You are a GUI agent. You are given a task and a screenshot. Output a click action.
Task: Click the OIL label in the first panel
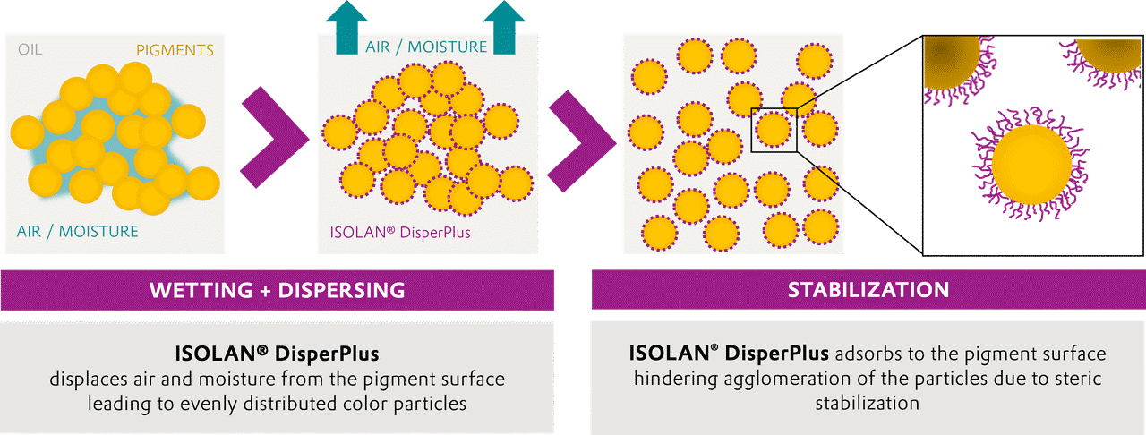click(30, 49)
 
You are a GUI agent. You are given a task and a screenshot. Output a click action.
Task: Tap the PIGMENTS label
click(175, 50)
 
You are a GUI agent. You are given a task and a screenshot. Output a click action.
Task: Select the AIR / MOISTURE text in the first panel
click(78, 232)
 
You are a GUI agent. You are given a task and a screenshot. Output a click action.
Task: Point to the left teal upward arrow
click(346, 28)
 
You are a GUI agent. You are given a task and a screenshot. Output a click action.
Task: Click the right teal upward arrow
click(504, 28)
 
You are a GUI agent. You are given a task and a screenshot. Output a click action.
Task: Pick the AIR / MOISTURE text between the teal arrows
click(426, 47)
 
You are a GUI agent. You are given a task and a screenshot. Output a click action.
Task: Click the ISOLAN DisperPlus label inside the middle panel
click(400, 233)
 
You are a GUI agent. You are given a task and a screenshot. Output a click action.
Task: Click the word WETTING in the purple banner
click(201, 290)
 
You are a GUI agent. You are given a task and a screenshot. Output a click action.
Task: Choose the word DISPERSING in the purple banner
click(341, 290)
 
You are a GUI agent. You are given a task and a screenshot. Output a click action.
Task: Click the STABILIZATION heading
click(868, 290)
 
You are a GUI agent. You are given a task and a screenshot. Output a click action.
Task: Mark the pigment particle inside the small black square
click(774, 130)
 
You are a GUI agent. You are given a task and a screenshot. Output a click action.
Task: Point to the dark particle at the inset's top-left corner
click(952, 60)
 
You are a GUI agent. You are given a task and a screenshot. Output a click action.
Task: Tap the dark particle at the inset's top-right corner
click(1110, 53)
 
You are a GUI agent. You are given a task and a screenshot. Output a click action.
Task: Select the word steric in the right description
click(1075, 379)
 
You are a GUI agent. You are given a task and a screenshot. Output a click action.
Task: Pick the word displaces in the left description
click(89, 380)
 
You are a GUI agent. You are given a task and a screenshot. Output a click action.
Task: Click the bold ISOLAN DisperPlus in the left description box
click(277, 354)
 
